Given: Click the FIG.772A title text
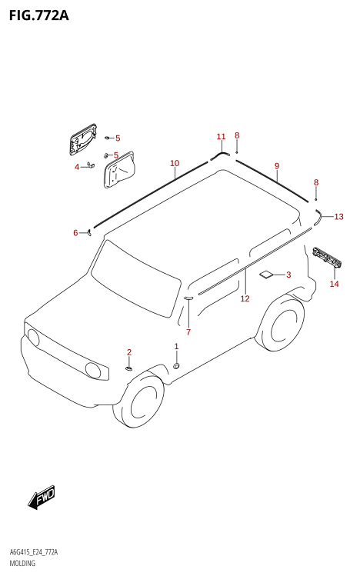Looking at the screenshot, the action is [39, 15].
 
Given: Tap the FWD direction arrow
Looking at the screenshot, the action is [42, 498].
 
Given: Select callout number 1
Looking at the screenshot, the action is [176, 346].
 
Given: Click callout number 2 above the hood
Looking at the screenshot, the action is [129, 352].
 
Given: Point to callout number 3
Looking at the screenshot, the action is [288, 275].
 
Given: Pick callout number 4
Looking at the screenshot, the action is [77, 167].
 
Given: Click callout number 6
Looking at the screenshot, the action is [75, 233].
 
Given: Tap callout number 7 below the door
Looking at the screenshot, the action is [188, 332].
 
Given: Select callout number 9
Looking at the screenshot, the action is [277, 166].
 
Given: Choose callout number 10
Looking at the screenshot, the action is [175, 163].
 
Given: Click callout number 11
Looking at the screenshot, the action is [221, 137].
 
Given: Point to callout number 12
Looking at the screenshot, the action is [245, 298].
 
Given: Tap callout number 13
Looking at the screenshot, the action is [338, 217].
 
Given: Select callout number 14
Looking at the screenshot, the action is [335, 284].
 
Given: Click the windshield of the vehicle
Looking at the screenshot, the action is [136, 278].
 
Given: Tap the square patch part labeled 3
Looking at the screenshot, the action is [265, 275].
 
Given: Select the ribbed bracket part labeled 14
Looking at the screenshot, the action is [327, 257].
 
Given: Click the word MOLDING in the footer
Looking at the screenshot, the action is [22, 563].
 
